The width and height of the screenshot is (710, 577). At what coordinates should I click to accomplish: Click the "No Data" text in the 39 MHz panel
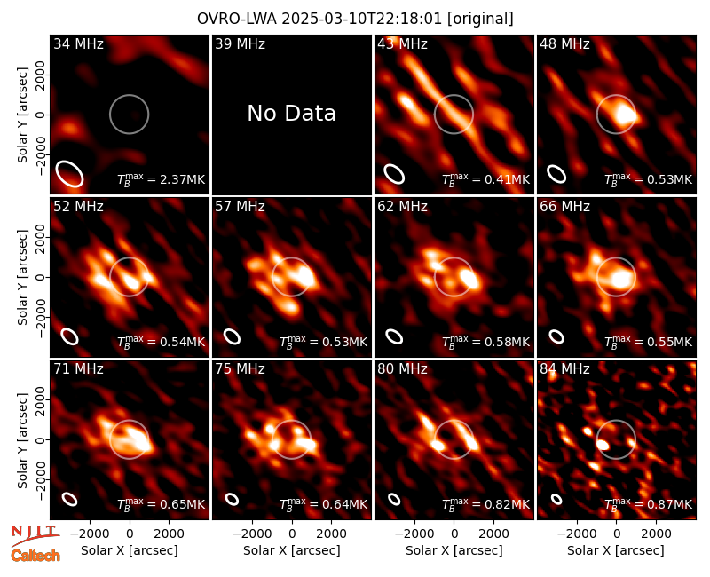pos(292,114)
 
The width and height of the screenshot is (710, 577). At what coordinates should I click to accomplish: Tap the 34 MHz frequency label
pos(78,43)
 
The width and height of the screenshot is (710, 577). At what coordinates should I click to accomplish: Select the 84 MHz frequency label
pos(564,369)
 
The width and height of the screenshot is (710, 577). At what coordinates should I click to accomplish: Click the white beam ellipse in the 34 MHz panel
pos(70,173)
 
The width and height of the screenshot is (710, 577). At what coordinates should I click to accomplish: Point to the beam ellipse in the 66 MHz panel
pos(556,336)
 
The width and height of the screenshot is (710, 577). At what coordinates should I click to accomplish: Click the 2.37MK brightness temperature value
pos(176,179)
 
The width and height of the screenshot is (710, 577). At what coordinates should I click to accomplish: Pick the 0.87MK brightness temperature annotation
pos(663,504)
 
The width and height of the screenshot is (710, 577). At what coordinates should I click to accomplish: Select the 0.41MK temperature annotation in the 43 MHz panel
pos(501,179)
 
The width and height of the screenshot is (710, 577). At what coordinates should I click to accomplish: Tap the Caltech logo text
pos(35,556)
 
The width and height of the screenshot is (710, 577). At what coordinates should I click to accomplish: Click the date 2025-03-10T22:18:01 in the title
pos(362,19)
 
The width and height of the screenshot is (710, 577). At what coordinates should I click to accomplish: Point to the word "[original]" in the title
pos(480,19)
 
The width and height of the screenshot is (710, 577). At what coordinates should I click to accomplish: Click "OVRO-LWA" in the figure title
pos(237,19)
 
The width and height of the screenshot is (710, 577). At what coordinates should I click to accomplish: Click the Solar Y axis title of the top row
pos(23,115)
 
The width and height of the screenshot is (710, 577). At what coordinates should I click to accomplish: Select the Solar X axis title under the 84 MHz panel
pos(616,550)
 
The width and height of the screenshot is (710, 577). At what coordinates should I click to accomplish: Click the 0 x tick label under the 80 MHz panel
pos(454,534)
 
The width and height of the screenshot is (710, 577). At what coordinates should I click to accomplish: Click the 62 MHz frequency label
pos(403,207)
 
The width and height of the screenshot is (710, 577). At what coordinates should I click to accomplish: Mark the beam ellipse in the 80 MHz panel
pos(394,499)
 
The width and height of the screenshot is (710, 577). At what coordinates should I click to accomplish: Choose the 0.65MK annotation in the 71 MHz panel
pos(176,504)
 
